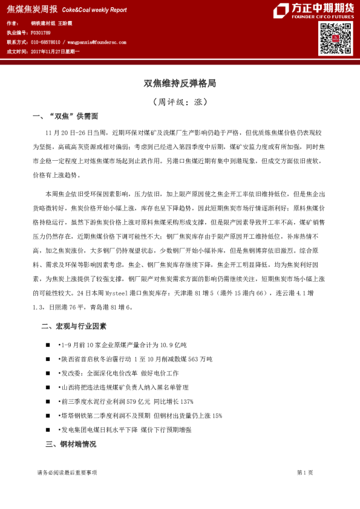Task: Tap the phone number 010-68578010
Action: click(45, 42)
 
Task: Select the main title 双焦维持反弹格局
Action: click(180, 83)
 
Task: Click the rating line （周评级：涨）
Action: click(180, 102)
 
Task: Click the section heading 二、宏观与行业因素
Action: click(73, 326)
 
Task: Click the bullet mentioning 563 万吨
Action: click(136, 359)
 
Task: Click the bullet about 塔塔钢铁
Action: click(140, 416)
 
